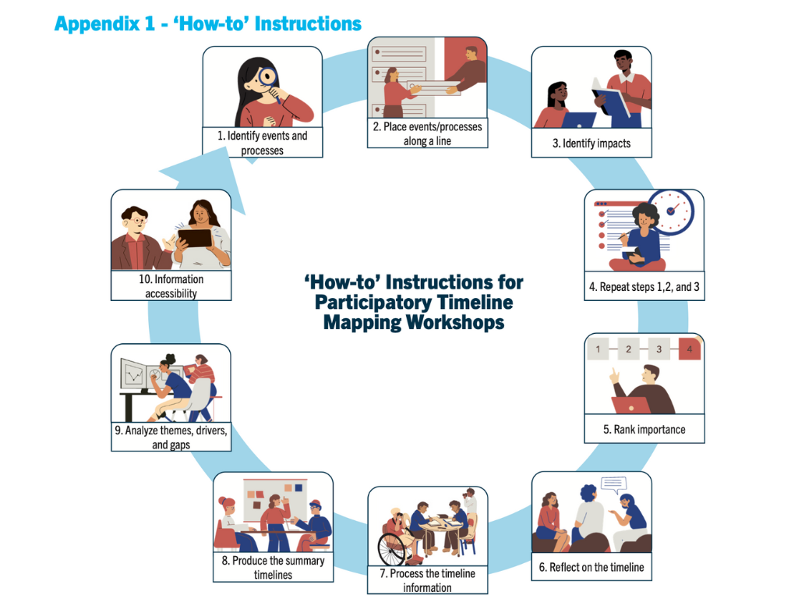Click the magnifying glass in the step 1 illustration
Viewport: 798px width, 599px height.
[x=268, y=79]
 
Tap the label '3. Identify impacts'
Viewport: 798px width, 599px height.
[x=591, y=144]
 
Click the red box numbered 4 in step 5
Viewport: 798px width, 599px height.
[x=689, y=349]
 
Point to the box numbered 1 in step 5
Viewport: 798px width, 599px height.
[x=598, y=349]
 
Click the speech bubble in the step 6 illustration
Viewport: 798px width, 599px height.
[x=614, y=484]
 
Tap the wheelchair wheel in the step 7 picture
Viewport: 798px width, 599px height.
[x=391, y=548]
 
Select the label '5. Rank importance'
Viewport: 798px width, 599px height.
[x=644, y=430]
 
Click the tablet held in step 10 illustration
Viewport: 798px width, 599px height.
[x=195, y=239]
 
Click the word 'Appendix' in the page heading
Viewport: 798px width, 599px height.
[x=97, y=24]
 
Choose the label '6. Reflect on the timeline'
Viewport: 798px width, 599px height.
[x=591, y=567]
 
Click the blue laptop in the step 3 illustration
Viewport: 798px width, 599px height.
[x=579, y=120]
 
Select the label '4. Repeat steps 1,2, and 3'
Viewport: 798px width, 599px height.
[x=644, y=287]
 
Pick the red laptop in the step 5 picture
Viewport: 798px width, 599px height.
[x=631, y=406]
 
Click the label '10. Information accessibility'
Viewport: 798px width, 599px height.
[x=171, y=286]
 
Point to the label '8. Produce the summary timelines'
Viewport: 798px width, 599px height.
[x=274, y=568]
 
